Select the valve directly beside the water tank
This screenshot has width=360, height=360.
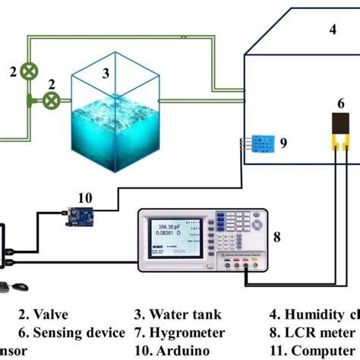click(x=51, y=99)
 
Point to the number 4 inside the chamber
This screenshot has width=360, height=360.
click(x=331, y=30)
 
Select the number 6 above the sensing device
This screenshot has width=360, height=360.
click(x=342, y=101)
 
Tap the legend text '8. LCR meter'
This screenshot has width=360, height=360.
click(x=307, y=333)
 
